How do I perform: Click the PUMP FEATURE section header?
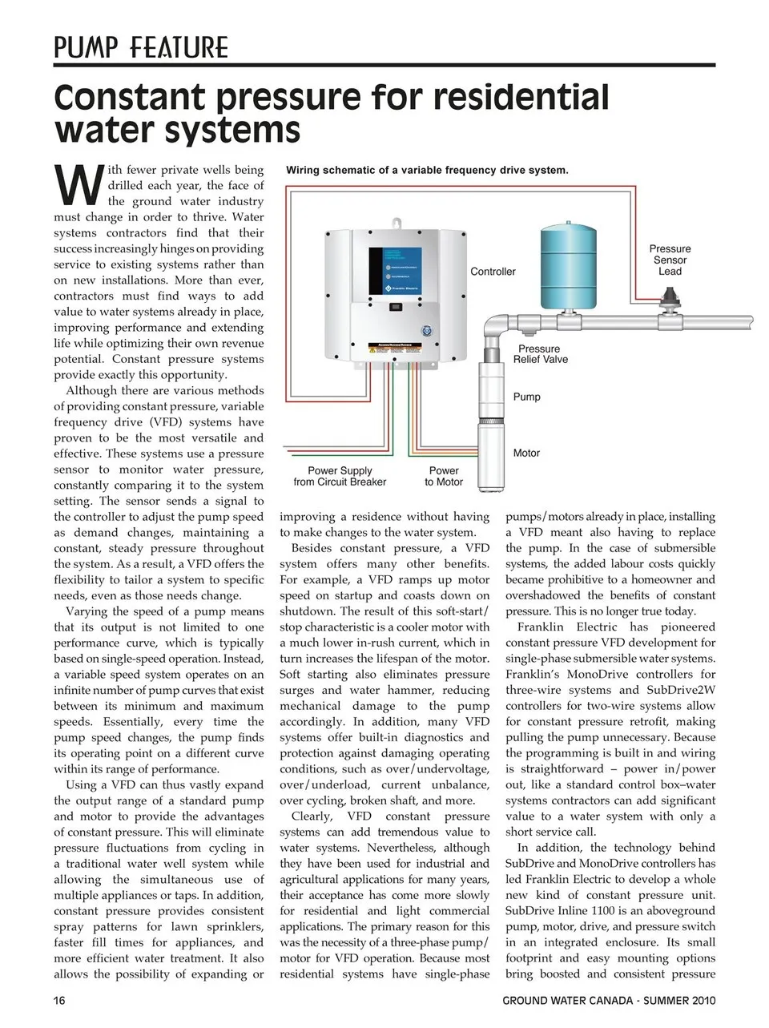pos(141,47)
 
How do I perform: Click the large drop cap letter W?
pos(79,185)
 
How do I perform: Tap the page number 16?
pos(60,1000)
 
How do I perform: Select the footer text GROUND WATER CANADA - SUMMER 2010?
pos(609,1000)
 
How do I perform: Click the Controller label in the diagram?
pos(493,272)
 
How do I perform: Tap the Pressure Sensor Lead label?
pos(670,260)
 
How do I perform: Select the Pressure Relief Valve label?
pos(541,354)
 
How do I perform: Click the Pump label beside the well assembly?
pos(526,397)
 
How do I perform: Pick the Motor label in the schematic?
pos(526,453)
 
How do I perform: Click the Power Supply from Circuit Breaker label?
pos(340,477)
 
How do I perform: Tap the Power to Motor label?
pos(444,477)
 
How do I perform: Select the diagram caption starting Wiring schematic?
pos(427,170)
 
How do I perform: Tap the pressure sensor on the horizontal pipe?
pos(668,306)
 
